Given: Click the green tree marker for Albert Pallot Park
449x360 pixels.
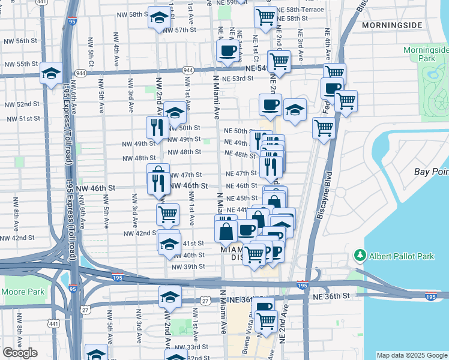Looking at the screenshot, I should (x=360, y=256).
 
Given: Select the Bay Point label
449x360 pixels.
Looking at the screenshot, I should (x=431, y=172).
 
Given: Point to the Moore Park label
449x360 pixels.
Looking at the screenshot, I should (x=23, y=292).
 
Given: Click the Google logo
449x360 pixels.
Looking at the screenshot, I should (x=20, y=353).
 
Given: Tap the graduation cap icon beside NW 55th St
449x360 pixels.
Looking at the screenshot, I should (x=52, y=73).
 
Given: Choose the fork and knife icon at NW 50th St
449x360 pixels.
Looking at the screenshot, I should (x=155, y=127).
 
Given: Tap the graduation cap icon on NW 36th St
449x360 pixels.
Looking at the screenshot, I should (x=170, y=296).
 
